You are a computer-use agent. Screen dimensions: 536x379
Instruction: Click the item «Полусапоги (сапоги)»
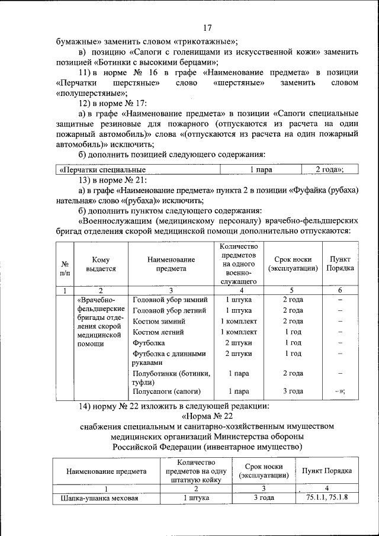pos(167,391)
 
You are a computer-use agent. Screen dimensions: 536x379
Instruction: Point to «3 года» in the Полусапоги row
pos(293,391)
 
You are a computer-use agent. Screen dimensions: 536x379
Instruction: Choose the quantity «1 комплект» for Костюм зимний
pos(238,321)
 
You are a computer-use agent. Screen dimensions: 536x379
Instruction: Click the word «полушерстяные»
pos(91,94)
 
